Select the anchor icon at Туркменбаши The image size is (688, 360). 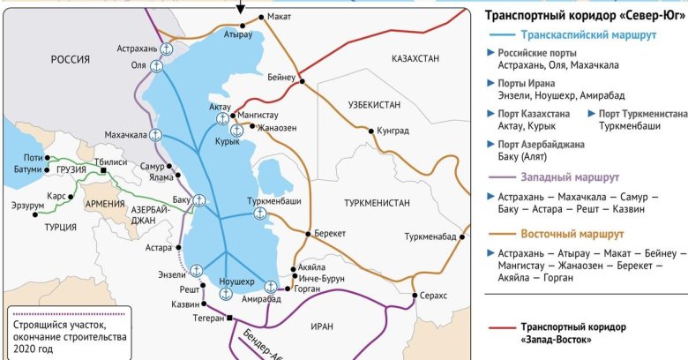[260, 213]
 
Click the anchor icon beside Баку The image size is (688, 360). [199, 200]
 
